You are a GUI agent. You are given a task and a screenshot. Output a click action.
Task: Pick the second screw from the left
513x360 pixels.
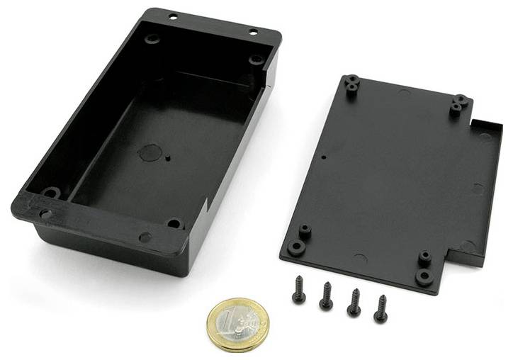click(x=326, y=296)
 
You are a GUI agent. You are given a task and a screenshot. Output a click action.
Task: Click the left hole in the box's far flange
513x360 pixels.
click(x=174, y=16)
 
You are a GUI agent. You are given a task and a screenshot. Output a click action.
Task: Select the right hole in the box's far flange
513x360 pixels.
click(x=253, y=32)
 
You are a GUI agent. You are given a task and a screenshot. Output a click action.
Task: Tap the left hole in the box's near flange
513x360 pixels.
click(x=45, y=213)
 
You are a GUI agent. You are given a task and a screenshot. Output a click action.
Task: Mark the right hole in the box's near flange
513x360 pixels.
click(x=145, y=237)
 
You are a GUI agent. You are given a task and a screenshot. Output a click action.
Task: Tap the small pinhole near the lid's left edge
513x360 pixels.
click(x=323, y=157)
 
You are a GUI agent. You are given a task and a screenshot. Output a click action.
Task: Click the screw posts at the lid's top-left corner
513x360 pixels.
click(x=351, y=85)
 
